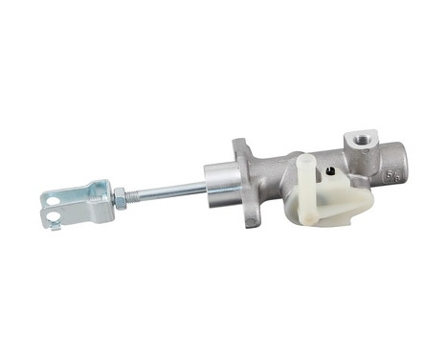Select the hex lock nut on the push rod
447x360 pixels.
120,198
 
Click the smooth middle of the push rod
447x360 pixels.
172,190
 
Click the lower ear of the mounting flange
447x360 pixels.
252,222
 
